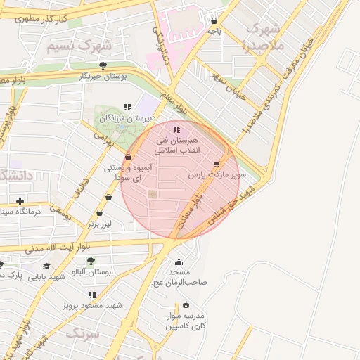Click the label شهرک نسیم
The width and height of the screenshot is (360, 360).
tap(79, 46)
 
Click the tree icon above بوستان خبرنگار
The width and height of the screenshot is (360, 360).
tap(103, 65)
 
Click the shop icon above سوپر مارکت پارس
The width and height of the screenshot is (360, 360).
tap(216, 164)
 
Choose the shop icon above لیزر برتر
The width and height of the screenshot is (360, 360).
tap(99, 212)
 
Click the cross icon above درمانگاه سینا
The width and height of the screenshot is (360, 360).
tap(20, 202)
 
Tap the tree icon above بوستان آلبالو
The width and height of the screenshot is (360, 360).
tap(91, 261)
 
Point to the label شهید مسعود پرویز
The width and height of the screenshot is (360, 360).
tap(93, 305)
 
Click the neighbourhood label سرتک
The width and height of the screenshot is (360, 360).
tap(83, 333)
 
